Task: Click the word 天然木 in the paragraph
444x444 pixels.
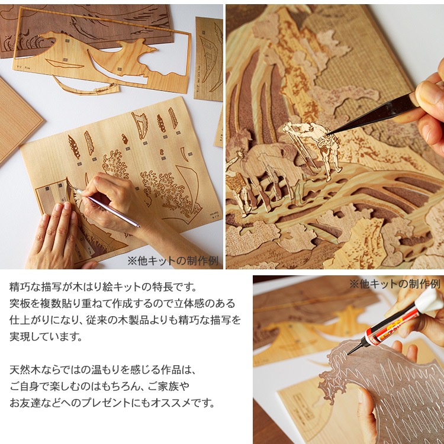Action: click(x=25, y=369)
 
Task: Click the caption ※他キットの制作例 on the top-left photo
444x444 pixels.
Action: click(x=173, y=261)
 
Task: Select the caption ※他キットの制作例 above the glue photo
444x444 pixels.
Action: click(x=395, y=284)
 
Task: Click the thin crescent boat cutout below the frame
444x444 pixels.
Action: click(x=85, y=86)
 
